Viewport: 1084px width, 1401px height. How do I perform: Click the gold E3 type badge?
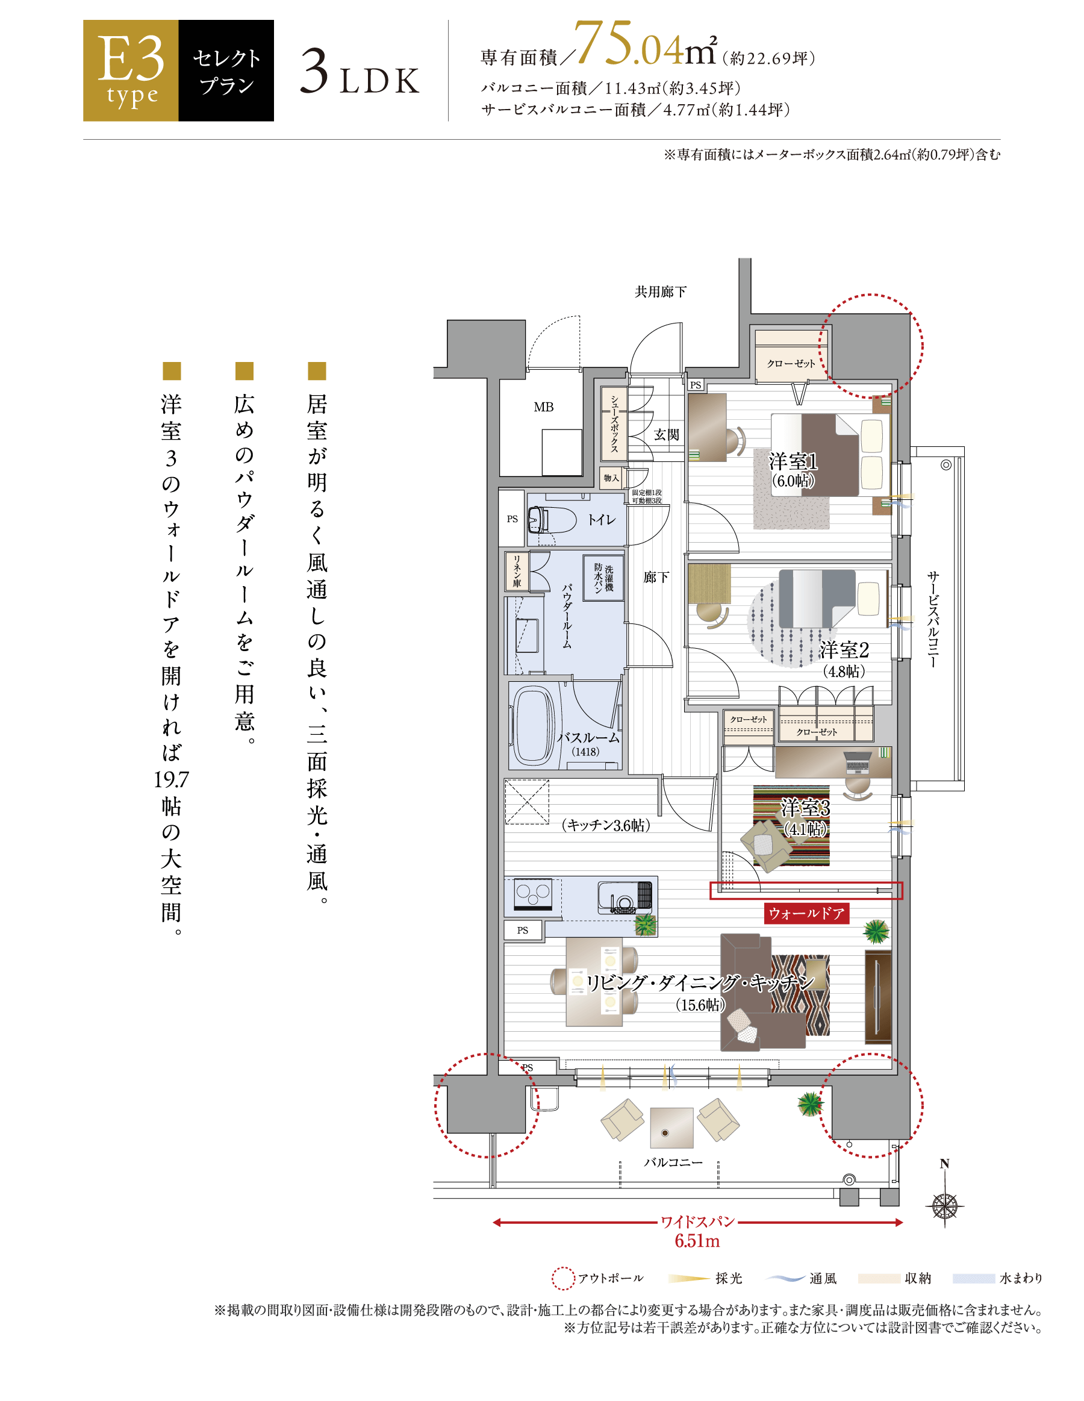(130, 70)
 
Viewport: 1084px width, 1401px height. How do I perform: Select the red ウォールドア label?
(806, 913)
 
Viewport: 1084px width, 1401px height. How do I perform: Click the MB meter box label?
(543, 407)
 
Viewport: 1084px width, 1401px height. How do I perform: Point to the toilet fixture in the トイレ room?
(551, 520)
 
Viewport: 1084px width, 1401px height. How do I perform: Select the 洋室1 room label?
(794, 461)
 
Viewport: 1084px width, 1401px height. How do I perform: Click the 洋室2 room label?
(844, 650)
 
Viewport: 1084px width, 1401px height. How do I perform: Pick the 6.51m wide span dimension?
(697, 1241)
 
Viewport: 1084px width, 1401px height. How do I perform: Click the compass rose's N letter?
(944, 1164)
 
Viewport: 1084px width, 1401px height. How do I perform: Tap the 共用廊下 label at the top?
(661, 292)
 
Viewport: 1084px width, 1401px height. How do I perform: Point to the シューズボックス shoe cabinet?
(614, 423)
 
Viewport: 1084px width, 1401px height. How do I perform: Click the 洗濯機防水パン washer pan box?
(603, 578)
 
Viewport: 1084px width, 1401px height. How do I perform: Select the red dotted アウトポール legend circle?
(562, 1278)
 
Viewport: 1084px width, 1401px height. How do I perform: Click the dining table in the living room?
(594, 981)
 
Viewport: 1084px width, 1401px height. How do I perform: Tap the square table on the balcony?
(671, 1128)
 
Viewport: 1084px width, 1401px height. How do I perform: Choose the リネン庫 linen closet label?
(516, 571)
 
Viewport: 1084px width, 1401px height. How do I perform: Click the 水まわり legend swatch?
(973, 1279)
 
